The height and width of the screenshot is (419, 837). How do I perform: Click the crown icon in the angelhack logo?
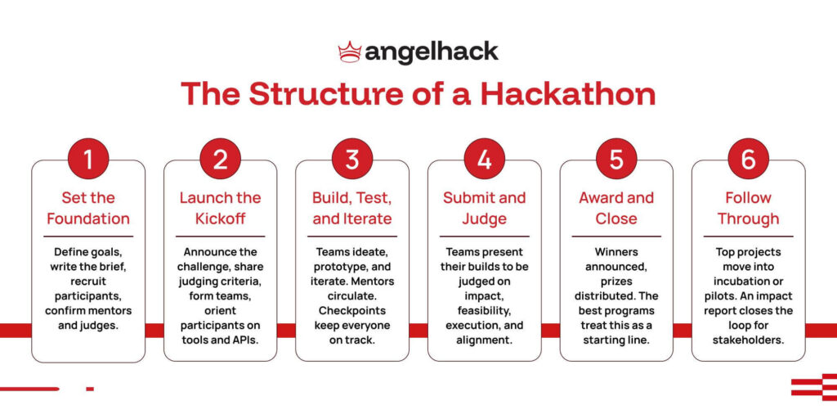[x=350, y=52]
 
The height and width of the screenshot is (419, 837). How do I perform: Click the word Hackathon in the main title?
[x=567, y=93]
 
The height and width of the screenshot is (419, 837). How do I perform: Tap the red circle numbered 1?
[x=88, y=160]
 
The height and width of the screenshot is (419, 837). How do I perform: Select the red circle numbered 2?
[x=220, y=160]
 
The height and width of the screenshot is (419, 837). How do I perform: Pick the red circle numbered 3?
[x=352, y=160]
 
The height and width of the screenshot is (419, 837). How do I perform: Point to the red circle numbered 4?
[x=484, y=160]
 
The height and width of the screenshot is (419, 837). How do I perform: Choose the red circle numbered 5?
[x=616, y=160]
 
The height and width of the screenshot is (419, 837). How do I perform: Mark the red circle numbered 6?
[x=748, y=160]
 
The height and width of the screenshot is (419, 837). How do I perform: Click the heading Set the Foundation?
[x=88, y=208]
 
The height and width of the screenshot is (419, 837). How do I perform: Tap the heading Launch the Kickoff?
[x=220, y=208]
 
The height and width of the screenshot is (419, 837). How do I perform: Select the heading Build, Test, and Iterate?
[x=352, y=208]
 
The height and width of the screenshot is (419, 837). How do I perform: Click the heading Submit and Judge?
[x=484, y=208]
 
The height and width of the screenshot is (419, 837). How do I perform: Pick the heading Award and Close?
[x=616, y=208]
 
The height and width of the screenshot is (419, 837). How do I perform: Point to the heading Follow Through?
[x=748, y=208]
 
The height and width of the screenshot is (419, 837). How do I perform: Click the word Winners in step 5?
[x=616, y=253]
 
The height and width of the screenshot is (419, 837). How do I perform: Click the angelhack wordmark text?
[x=431, y=52]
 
